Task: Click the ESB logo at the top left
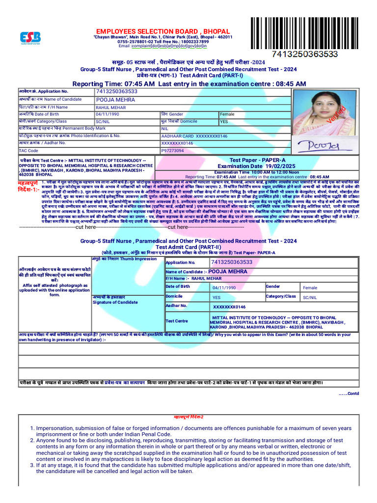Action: (x=30, y=38)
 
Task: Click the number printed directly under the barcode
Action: (x=305, y=54)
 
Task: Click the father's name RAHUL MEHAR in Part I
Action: (x=110, y=107)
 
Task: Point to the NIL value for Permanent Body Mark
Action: (x=164, y=128)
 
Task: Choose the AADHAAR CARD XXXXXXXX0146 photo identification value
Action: (x=194, y=136)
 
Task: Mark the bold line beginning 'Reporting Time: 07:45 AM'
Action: (x=189, y=84)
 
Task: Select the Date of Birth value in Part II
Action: (x=224, y=287)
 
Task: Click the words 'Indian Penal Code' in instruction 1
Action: (x=144, y=434)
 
